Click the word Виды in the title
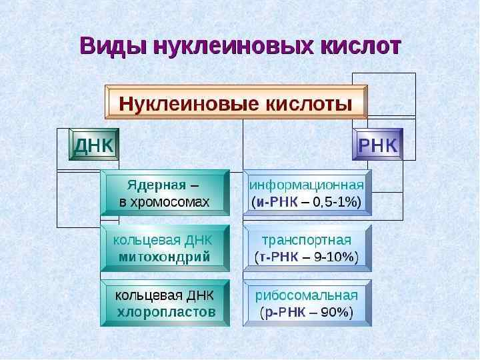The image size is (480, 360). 113,47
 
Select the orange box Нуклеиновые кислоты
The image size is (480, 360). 236,105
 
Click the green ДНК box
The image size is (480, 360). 93,145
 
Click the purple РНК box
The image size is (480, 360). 378,145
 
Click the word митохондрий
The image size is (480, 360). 164,256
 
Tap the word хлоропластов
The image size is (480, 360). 166,311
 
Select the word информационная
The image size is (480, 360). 307,185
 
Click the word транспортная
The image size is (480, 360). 307,240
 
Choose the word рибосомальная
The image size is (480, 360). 307,295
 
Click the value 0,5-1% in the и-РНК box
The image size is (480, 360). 335,201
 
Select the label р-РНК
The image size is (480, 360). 285,312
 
